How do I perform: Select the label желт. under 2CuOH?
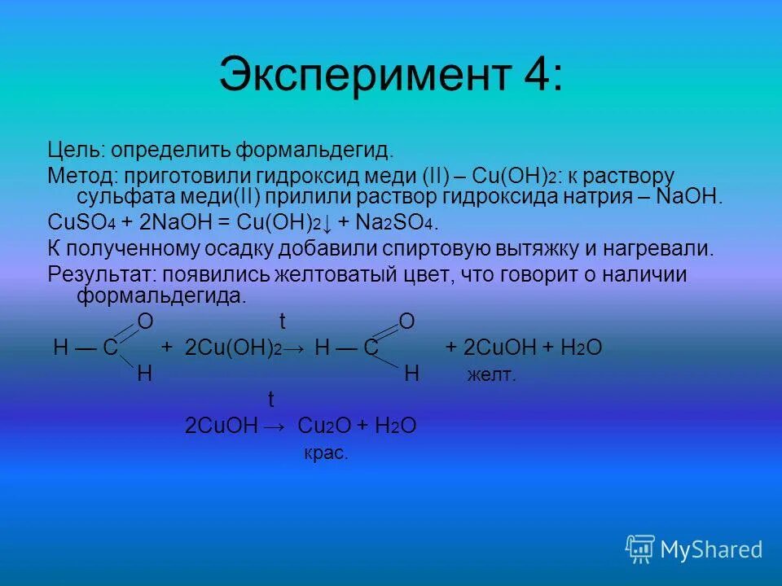[491, 375]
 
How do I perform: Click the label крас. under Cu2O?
[326, 454]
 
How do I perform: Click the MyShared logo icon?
[639, 549]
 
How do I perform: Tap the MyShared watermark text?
[711, 550]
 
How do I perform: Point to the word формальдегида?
[161, 295]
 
